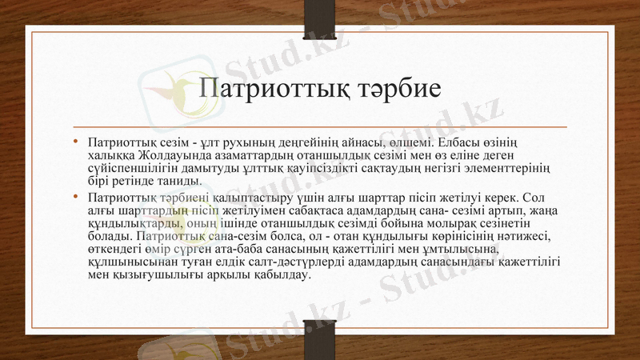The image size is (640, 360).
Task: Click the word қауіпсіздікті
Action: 357,167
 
